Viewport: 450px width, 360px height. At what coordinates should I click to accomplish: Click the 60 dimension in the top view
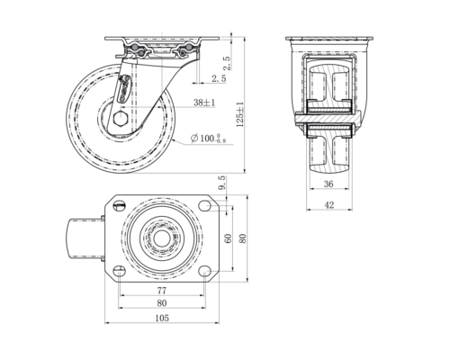[229, 238]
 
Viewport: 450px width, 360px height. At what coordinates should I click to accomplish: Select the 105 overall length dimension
[162, 317]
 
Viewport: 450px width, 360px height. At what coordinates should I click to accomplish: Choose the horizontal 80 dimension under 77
[161, 304]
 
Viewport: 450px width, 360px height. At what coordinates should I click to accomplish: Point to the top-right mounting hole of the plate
[204, 207]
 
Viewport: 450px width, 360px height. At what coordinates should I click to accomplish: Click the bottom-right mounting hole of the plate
[204, 271]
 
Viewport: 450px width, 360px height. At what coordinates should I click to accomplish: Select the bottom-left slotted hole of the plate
[118, 271]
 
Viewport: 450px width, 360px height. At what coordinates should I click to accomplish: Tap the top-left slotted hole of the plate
[118, 207]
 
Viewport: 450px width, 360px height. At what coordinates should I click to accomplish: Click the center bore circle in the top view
[161, 239]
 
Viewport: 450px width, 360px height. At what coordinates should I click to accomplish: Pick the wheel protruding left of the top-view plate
[84, 239]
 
